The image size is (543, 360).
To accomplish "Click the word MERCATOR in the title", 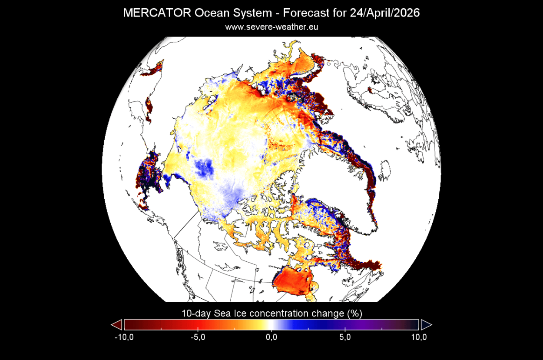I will point(157,13).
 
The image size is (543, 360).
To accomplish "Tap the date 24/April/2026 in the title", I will point(384,13).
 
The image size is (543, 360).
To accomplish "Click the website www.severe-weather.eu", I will point(272,27).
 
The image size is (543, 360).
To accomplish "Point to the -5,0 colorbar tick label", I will point(198,337).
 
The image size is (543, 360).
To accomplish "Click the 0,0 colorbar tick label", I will point(271,337).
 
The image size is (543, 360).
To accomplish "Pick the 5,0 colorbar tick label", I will point(345,337).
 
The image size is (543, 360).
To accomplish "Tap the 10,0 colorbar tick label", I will point(419,337).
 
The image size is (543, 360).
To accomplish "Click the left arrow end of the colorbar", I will point(116,325).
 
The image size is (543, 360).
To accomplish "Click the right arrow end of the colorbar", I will point(427,325).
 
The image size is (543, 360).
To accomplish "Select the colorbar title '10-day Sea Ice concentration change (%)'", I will point(271,313).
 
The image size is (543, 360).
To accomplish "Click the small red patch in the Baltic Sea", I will point(371,90).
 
